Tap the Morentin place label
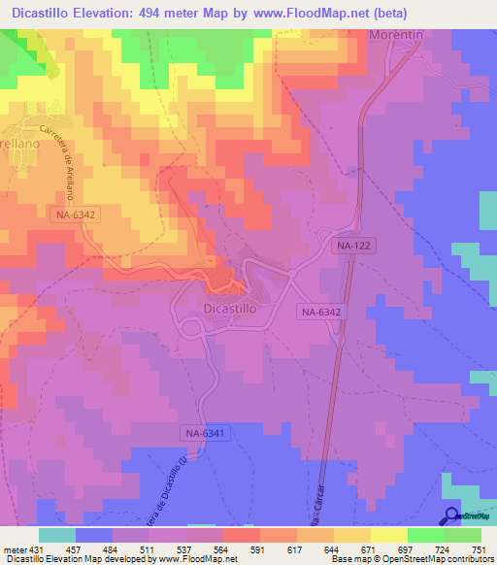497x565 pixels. [398, 34]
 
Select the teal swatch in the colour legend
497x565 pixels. [57, 535]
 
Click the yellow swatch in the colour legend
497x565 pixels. [388, 535]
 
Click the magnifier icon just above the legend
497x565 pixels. [453, 516]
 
